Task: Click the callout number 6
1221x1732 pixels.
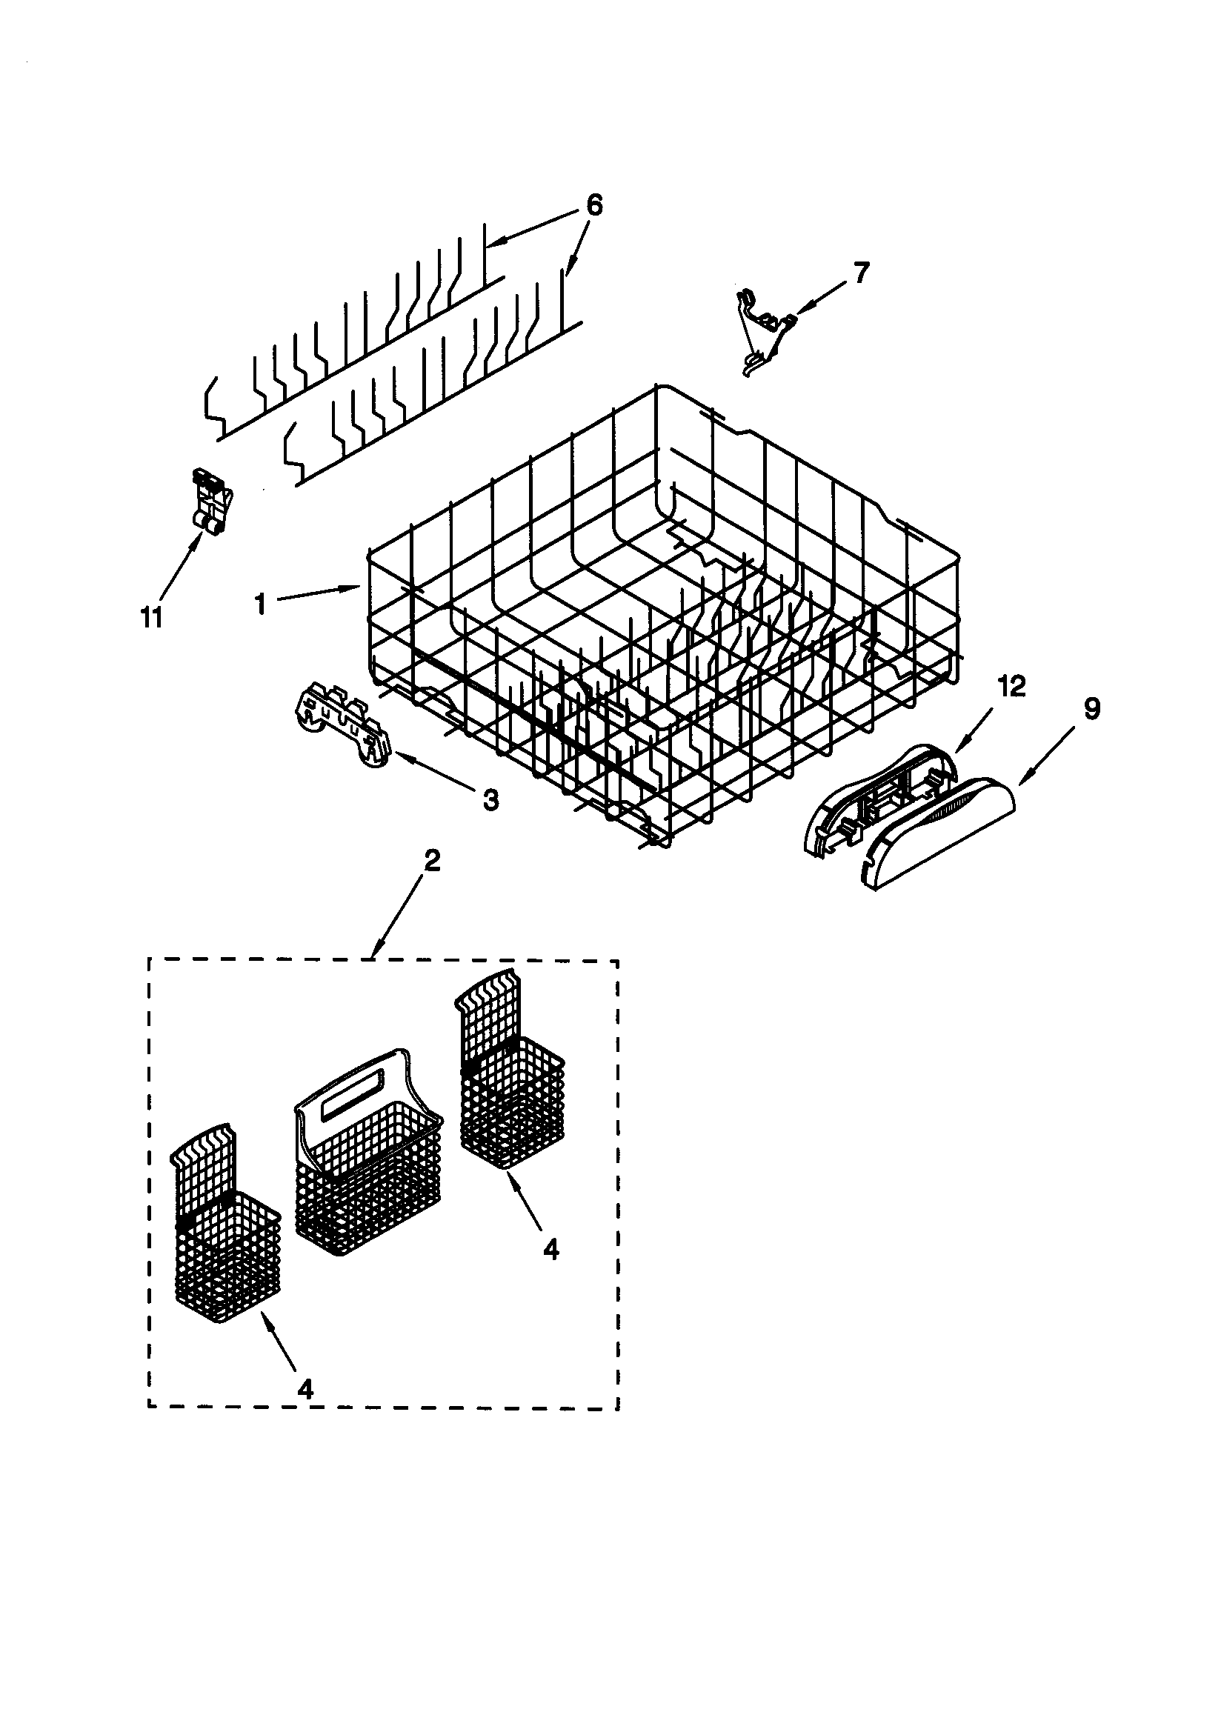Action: coord(594,204)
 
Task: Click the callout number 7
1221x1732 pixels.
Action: coord(861,273)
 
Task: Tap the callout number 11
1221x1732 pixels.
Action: coord(152,618)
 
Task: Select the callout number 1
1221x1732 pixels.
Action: coord(259,604)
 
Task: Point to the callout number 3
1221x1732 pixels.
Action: coord(490,799)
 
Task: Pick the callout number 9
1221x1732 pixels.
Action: coord(1091,708)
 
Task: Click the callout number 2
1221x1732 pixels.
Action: coord(431,861)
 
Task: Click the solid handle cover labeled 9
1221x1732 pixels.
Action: coord(939,833)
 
